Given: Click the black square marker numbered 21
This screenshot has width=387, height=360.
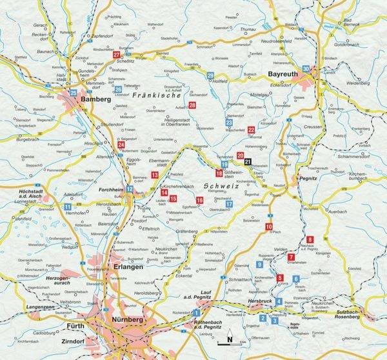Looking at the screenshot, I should [x=249, y=153].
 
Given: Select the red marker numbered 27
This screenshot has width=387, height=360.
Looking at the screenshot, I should [x=116, y=55].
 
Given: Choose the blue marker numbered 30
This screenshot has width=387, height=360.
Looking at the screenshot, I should [x=306, y=68].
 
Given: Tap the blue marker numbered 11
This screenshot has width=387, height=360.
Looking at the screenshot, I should [x=68, y=206].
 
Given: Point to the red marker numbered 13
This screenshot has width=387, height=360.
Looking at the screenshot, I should [x=154, y=175].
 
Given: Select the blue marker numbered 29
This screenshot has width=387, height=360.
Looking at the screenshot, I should [x=210, y=76].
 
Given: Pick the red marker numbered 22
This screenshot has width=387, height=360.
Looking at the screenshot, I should [x=251, y=130].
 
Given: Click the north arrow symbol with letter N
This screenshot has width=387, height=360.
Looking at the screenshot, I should [x=228, y=335].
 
